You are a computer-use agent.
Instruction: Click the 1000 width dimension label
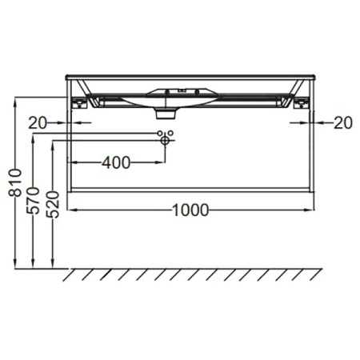click(190, 210)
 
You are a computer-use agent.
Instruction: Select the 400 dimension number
click(116, 162)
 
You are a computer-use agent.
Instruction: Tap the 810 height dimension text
click(15, 182)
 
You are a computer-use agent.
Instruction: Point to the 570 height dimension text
click(33, 201)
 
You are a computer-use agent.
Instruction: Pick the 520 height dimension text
click(53, 204)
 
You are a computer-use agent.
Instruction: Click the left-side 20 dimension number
click(38, 123)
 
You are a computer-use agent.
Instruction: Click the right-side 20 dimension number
click(343, 123)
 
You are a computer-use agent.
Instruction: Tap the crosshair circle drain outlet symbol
click(165, 140)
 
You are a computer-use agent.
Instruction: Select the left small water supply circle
click(160, 133)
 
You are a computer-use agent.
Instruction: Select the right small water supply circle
click(170, 133)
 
